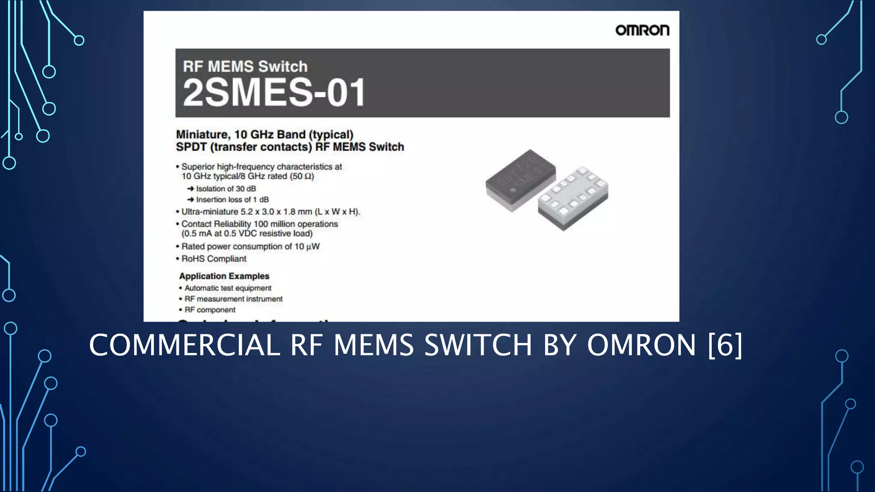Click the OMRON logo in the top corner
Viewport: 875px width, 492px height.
pyautogui.click(x=642, y=30)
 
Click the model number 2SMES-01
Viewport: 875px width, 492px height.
pyautogui.click(x=274, y=92)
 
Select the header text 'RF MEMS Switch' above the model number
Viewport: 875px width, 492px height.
pyautogui.click(x=245, y=67)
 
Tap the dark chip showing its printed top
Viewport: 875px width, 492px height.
pyautogui.click(x=520, y=179)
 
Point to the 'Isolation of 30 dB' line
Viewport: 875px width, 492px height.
pyautogui.click(x=226, y=189)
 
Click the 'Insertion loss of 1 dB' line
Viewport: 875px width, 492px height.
pyautogui.click(x=232, y=199)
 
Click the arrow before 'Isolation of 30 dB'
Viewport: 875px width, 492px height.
pyautogui.click(x=191, y=189)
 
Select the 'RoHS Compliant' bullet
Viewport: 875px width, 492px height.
pyautogui.click(x=214, y=259)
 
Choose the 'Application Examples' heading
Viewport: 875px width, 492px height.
pyautogui.click(x=224, y=276)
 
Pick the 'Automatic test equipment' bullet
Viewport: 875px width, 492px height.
pyautogui.click(x=228, y=288)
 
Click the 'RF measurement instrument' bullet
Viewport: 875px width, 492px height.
pyautogui.click(x=233, y=299)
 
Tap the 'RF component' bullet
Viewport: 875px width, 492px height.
pyautogui.click(x=210, y=310)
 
